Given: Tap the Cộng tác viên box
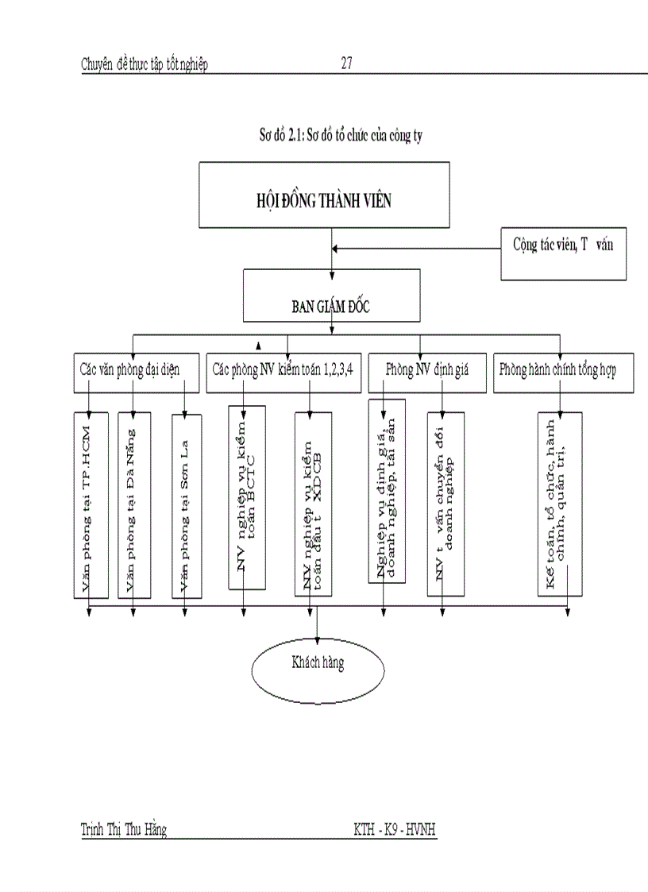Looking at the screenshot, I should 562,253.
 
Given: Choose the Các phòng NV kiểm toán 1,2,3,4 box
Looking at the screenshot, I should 283,371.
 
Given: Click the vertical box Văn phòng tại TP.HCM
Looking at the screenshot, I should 89,504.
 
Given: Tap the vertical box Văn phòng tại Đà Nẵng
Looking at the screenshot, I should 133,504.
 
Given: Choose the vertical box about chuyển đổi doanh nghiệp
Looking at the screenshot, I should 445,504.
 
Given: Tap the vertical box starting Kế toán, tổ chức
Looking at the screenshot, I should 560,504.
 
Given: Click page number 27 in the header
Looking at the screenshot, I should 346,64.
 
